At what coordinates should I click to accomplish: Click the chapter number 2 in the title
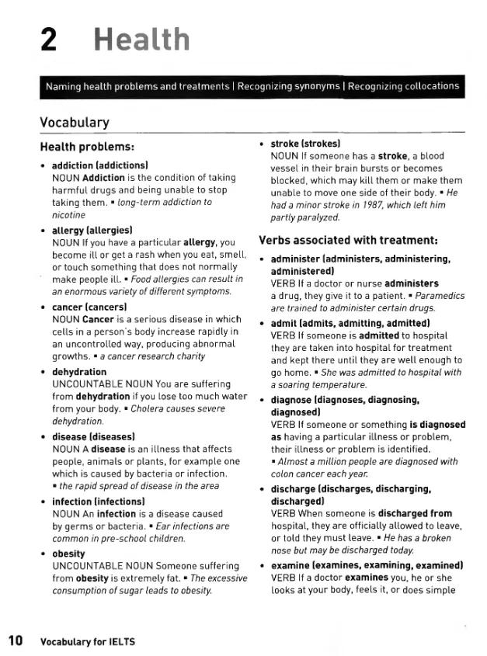[48, 39]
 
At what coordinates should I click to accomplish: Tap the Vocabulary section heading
[75, 123]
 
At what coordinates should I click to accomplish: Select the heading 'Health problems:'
[88, 147]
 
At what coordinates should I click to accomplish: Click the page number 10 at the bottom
[16, 640]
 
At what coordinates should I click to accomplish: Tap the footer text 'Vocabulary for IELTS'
[88, 641]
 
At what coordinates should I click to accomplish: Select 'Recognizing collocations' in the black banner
[403, 86]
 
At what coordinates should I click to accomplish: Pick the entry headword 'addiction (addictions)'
[99, 165]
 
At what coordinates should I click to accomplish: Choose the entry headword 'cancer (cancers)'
[89, 307]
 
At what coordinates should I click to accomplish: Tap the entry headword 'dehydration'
[79, 372]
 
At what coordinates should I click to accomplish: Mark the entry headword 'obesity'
[68, 554]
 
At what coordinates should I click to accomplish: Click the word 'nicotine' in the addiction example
[69, 215]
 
